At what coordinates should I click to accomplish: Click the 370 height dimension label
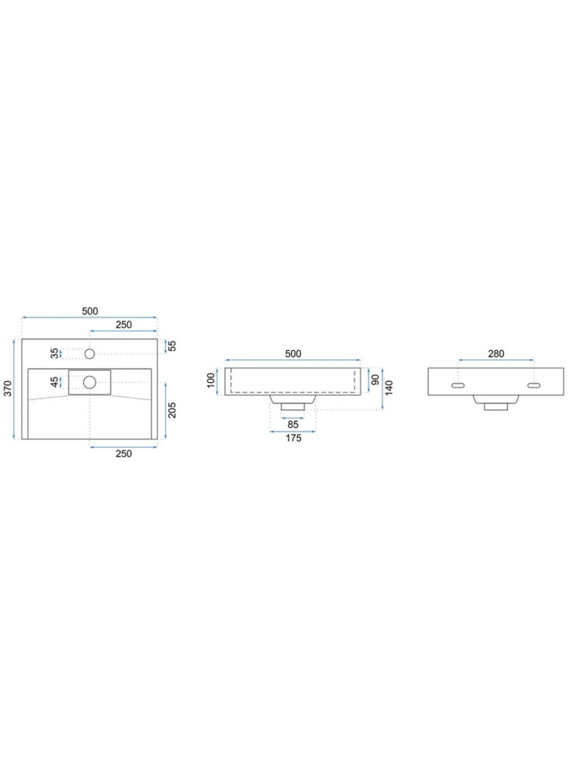[x=8, y=388]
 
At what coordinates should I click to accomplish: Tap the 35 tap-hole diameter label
[x=55, y=353]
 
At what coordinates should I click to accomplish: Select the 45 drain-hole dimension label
[x=55, y=382]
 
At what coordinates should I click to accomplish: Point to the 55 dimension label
[x=172, y=346]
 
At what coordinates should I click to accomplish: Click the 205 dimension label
[x=172, y=410]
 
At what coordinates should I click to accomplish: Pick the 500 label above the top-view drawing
[x=90, y=311]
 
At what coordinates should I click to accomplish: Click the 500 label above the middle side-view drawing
[x=293, y=354]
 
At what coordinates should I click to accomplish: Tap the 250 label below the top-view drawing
[x=124, y=453]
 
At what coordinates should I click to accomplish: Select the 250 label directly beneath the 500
[x=124, y=325]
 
